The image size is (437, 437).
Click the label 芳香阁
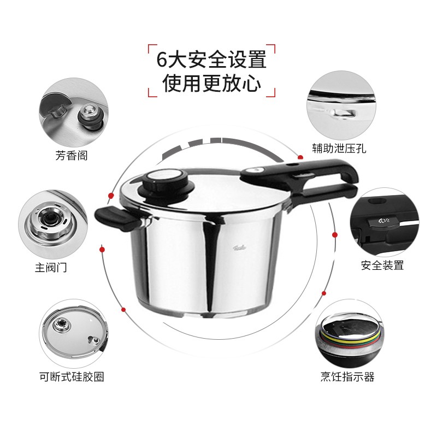[x=71, y=156]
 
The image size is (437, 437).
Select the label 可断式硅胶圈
[x=72, y=376]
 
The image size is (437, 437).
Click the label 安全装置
[x=382, y=265]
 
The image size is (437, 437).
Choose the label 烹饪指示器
[x=347, y=376]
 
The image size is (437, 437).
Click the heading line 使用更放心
[x=211, y=84]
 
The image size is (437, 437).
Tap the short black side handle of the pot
[x=115, y=219]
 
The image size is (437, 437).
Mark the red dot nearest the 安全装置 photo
[x=334, y=235]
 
